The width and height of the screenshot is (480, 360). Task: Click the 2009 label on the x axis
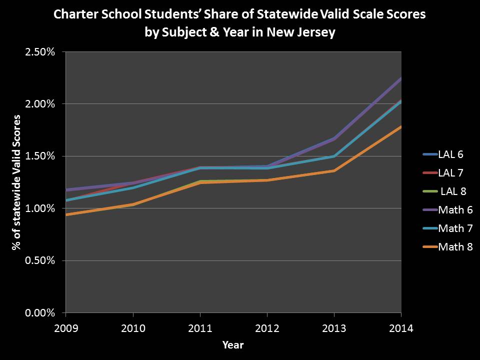pyautogui.click(x=65, y=328)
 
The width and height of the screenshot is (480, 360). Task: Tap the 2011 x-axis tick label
pyautogui.click(x=200, y=328)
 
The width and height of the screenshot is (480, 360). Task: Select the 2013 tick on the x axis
pyautogui.click(x=334, y=328)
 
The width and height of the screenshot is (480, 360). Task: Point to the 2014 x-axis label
pyautogui.click(x=401, y=328)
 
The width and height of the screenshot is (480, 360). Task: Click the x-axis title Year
pyautogui.click(x=233, y=344)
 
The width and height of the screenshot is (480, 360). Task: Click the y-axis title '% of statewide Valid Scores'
pyautogui.click(x=16, y=182)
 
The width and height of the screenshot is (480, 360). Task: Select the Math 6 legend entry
pyautogui.click(x=455, y=210)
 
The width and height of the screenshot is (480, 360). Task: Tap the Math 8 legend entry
pyautogui.click(x=455, y=246)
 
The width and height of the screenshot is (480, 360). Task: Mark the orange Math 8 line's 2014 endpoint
pyautogui.click(x=400, y=127)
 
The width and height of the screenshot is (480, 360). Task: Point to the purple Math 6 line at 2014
pyautogui.click(x=400, y=79)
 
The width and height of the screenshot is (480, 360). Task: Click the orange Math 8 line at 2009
pyautogui.click(x=66, y=214)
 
